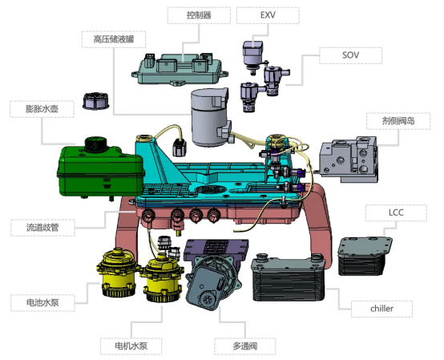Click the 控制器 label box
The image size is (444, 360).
(199, 15)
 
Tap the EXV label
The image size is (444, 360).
(268, 15)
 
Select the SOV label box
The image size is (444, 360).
(350, 55)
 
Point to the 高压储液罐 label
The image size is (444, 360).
(114, 39)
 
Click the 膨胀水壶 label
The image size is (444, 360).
(42, 109)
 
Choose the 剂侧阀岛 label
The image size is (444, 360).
(398, 121)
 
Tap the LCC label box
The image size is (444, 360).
(396, 212)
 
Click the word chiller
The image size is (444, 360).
(381, 309)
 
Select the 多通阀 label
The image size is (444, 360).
(245, 346)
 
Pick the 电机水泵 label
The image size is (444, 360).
(131, 346)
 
